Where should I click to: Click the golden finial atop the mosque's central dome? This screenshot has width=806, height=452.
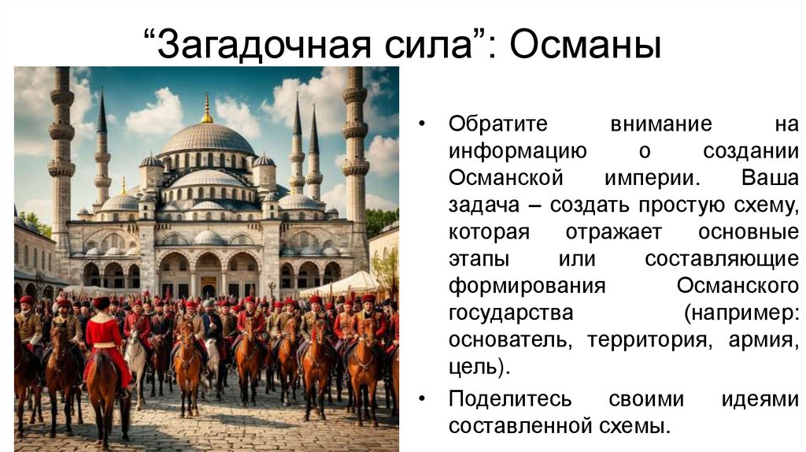coord(206,109)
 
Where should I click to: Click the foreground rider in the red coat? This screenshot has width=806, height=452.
coord(104,339)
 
